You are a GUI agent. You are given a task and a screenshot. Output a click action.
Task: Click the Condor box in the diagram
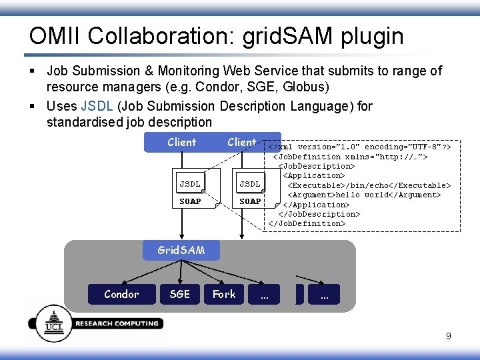[x=121, y=294]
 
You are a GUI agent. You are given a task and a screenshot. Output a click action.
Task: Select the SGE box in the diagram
[x=179, y=294]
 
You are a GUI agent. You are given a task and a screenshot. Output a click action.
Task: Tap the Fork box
[x=224, y=294]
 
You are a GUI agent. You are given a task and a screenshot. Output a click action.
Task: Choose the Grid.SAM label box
[x=181, y=250]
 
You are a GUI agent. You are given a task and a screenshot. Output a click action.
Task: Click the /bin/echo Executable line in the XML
[x=369, y=185]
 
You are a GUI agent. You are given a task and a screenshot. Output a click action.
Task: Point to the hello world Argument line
[x=364, y=195]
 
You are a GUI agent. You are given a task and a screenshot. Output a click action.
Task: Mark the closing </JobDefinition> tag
[x=307, y=223]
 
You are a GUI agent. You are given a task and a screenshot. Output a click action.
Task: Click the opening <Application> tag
[x=314, y=175]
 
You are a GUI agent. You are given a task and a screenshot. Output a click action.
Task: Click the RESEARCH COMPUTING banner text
[x=117, y=324]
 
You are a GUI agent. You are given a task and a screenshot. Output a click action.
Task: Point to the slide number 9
[x=448, y=336]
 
